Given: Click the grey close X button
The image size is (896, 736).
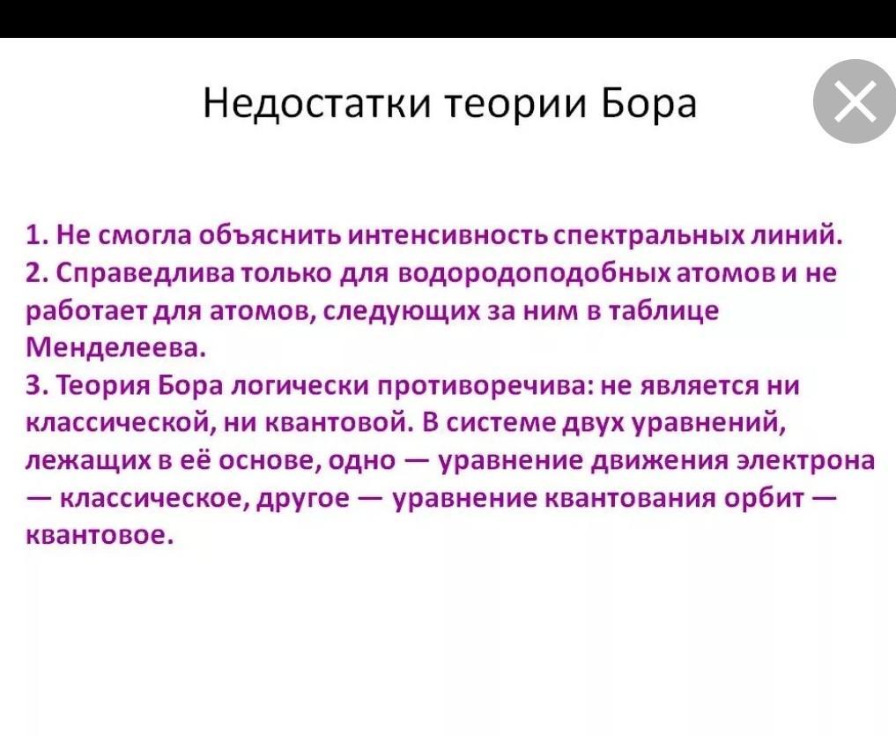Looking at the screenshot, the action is pos(855,101).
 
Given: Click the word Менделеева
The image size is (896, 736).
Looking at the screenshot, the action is pos(115,348).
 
